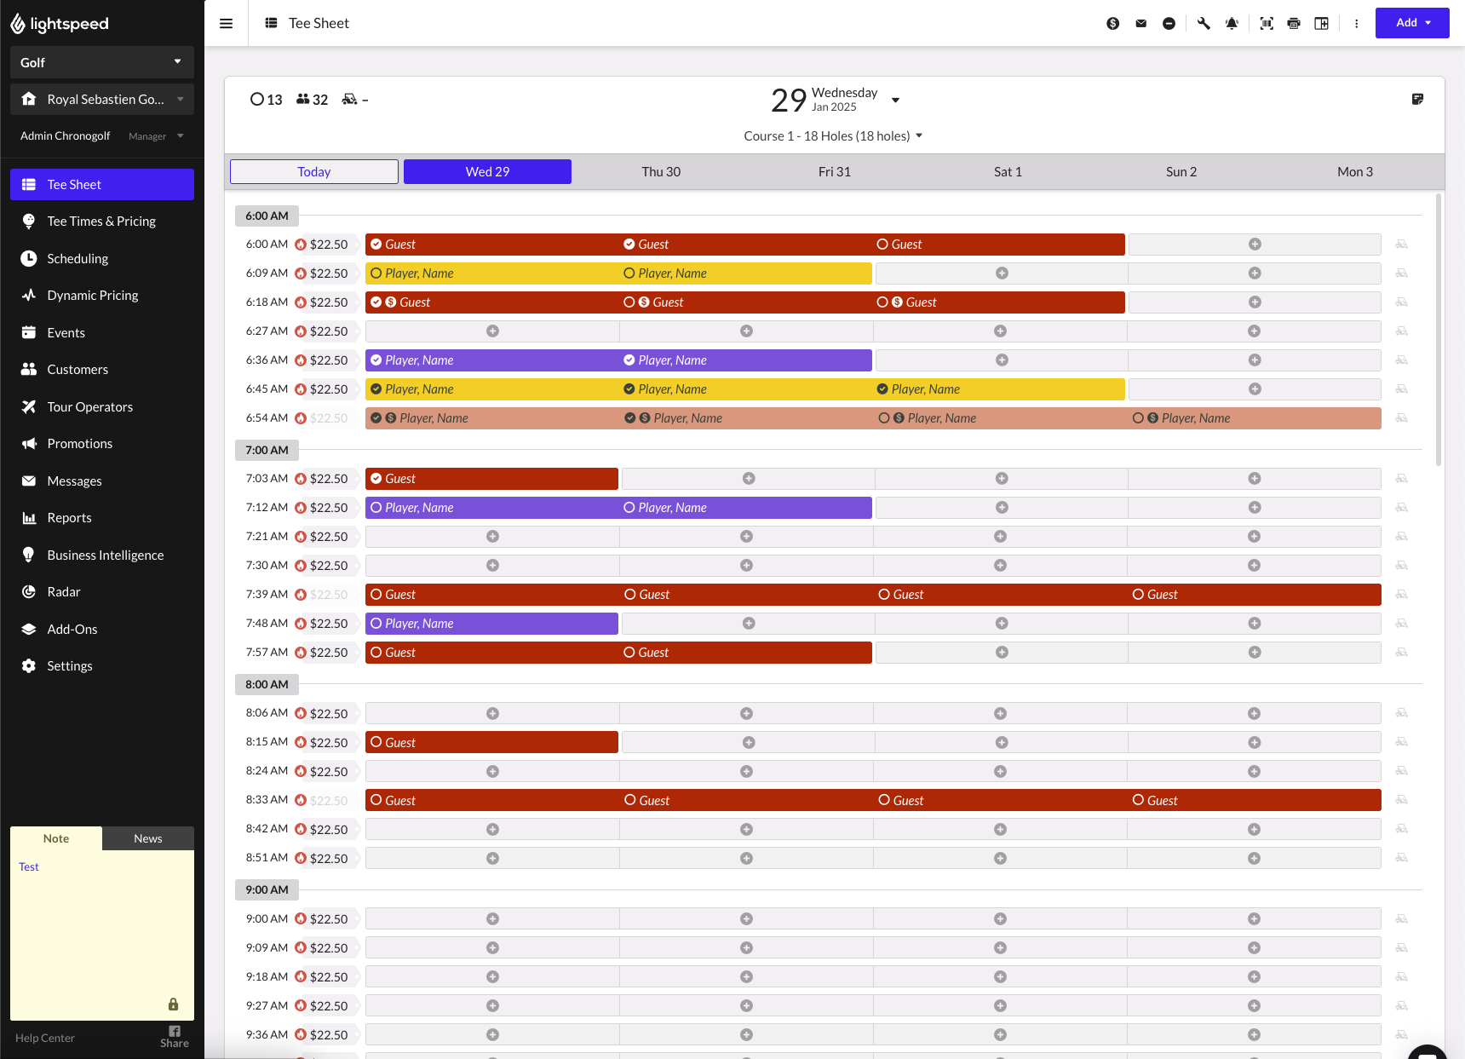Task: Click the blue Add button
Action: coord(1411,23)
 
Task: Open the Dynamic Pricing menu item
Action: coord(92,296)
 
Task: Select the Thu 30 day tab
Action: coord(661,172)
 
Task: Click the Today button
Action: coord(314,172)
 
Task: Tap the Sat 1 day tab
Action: coord(1008,172)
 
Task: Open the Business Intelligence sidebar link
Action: coord(105,555)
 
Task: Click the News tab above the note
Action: coord(147,838)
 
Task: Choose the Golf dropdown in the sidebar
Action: coord(101,62)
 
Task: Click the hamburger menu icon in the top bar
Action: coord(227,24)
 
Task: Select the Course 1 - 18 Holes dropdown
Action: coord(832,136)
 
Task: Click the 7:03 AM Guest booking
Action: coord(491,479)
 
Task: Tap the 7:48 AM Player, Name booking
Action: coord(491,624)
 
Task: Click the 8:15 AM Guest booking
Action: coord(491,743)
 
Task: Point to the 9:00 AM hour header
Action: coord(267,889)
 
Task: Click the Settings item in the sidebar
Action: coord(70,666)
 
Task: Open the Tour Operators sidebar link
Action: coord(89,407)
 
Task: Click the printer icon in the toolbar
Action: coord(1294,24)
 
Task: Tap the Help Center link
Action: coord(45,1038)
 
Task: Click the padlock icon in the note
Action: coord(173,1004)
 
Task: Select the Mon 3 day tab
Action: coord(1354,172)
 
